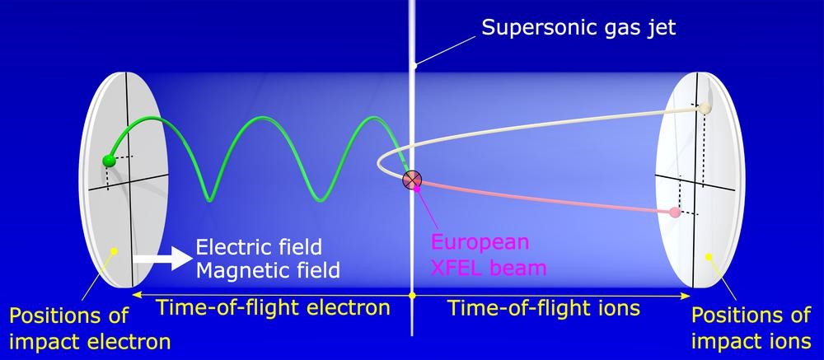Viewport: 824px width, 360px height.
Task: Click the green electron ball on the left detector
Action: point(107,160)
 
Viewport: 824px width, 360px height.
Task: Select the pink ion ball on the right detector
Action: point(675,213)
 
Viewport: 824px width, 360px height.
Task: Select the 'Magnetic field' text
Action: point(266,269)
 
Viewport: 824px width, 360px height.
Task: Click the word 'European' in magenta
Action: point(481,244)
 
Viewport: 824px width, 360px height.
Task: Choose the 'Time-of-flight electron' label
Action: point(273,309)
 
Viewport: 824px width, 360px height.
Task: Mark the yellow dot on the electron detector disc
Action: point(115,250)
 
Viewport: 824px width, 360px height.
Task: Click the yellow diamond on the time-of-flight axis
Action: point(412,292)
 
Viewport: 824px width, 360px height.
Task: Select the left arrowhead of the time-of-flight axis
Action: point(138,292)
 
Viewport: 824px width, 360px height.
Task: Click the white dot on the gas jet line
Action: point(417,68)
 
